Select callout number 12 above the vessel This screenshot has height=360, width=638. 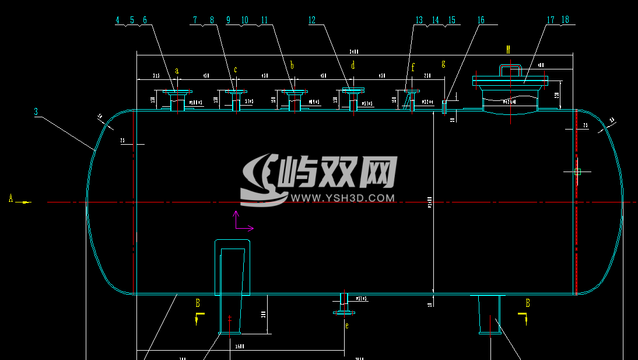312,20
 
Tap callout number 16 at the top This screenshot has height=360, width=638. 481,20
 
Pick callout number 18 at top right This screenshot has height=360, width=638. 565,20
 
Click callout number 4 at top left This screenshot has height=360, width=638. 117,20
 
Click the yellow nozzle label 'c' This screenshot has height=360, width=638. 236,70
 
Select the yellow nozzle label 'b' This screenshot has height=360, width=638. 292,65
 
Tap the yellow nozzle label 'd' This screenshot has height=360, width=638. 353,65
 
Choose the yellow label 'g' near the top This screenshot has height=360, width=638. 443,64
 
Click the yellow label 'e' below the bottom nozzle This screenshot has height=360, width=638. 346,326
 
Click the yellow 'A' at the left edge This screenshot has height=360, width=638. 10,198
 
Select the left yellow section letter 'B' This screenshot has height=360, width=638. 198,303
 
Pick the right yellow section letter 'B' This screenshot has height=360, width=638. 528,303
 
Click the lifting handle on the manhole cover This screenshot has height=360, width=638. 510,69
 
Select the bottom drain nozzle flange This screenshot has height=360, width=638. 344,313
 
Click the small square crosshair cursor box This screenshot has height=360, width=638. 577,172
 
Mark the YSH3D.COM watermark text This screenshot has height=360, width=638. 343,198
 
